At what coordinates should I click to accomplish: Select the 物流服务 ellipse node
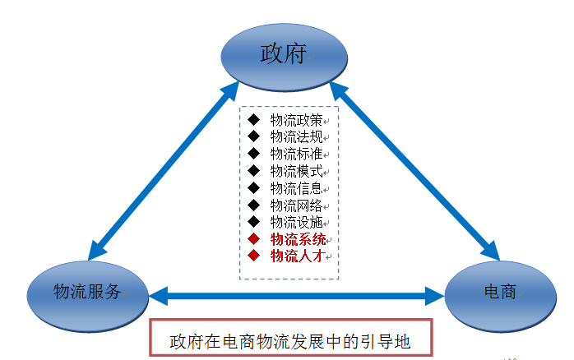(88, 291)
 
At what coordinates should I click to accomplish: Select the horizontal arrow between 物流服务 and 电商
(297, 292)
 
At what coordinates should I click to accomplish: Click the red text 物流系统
(298, 239)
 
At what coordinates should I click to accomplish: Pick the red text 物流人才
(298, 256)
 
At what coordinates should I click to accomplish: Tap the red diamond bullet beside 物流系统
(253, 239)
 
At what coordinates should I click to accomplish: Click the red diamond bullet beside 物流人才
(253, 256)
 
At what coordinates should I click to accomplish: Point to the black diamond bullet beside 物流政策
(253, 120)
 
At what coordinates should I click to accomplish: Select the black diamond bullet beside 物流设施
(253, 222)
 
